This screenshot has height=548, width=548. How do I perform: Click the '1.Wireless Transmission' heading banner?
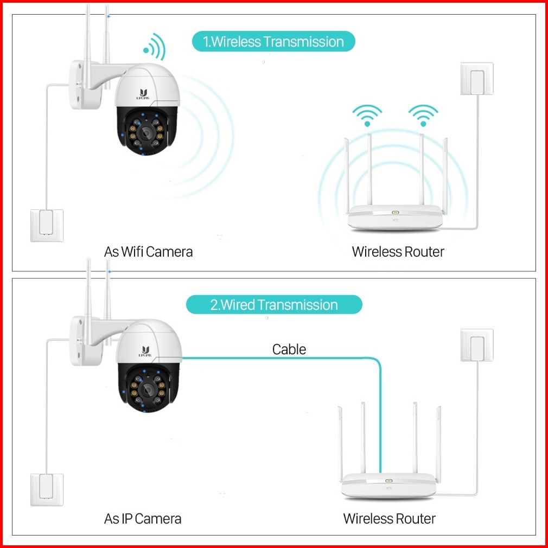(x=273, y=42)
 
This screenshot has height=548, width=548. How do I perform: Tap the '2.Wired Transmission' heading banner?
(x=273, y=304)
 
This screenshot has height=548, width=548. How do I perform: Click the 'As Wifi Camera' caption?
(x=148, y=252)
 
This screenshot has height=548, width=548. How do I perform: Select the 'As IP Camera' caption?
(x=143, y=519)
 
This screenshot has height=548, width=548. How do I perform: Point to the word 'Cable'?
(x=289, y=349)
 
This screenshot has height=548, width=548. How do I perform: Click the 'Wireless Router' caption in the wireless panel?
(x=398, y=252)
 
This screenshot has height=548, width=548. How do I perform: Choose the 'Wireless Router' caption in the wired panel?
(x=389, y=519)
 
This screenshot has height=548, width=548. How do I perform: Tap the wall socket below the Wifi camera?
(x=47, y=225)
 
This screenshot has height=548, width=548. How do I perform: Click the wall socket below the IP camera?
(x=47, y=490)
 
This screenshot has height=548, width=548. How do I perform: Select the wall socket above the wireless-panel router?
(x=477, y=79)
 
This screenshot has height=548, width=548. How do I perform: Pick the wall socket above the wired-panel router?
(x=477, y=345)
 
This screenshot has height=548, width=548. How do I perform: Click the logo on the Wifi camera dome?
(x=144, y=93)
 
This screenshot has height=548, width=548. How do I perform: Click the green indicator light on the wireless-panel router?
(x=395, y=212)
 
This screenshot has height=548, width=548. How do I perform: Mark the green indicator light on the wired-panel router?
(x=388, y=480)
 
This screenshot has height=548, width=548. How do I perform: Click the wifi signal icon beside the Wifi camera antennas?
(x=154, y=47)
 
